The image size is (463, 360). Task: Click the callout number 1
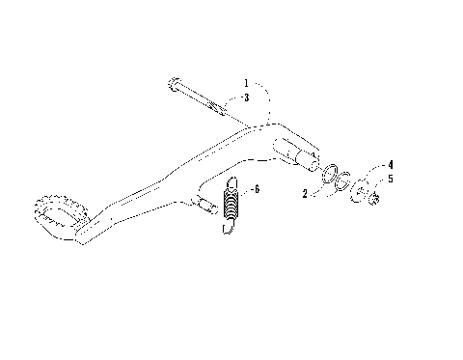[x=246, y=84]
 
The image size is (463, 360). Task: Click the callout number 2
[x=304, y=193]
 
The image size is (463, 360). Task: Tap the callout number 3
[x=246, y=97]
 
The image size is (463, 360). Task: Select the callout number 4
[x=390, y=166]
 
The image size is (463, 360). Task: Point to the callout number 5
[x=390, y=179]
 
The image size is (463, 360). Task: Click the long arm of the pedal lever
[x=154, y=183]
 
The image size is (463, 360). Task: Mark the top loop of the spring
[x=232, y=183]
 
